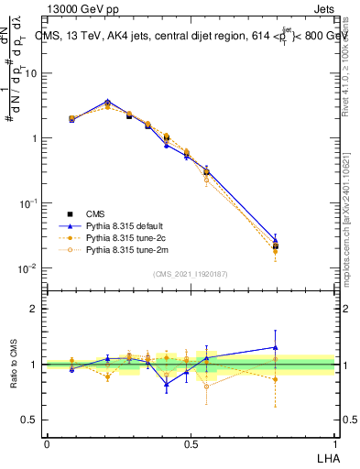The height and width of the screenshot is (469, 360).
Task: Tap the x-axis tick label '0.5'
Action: point(191,443)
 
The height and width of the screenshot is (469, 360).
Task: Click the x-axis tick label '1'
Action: point(335,443)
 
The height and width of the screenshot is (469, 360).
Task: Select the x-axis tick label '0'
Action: point(47,443)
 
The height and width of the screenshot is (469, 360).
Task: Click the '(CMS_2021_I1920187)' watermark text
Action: point(191,273)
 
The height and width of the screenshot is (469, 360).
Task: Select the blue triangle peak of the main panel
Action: point(108,102)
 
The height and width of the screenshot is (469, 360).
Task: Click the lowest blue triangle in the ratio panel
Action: point(167,384)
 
